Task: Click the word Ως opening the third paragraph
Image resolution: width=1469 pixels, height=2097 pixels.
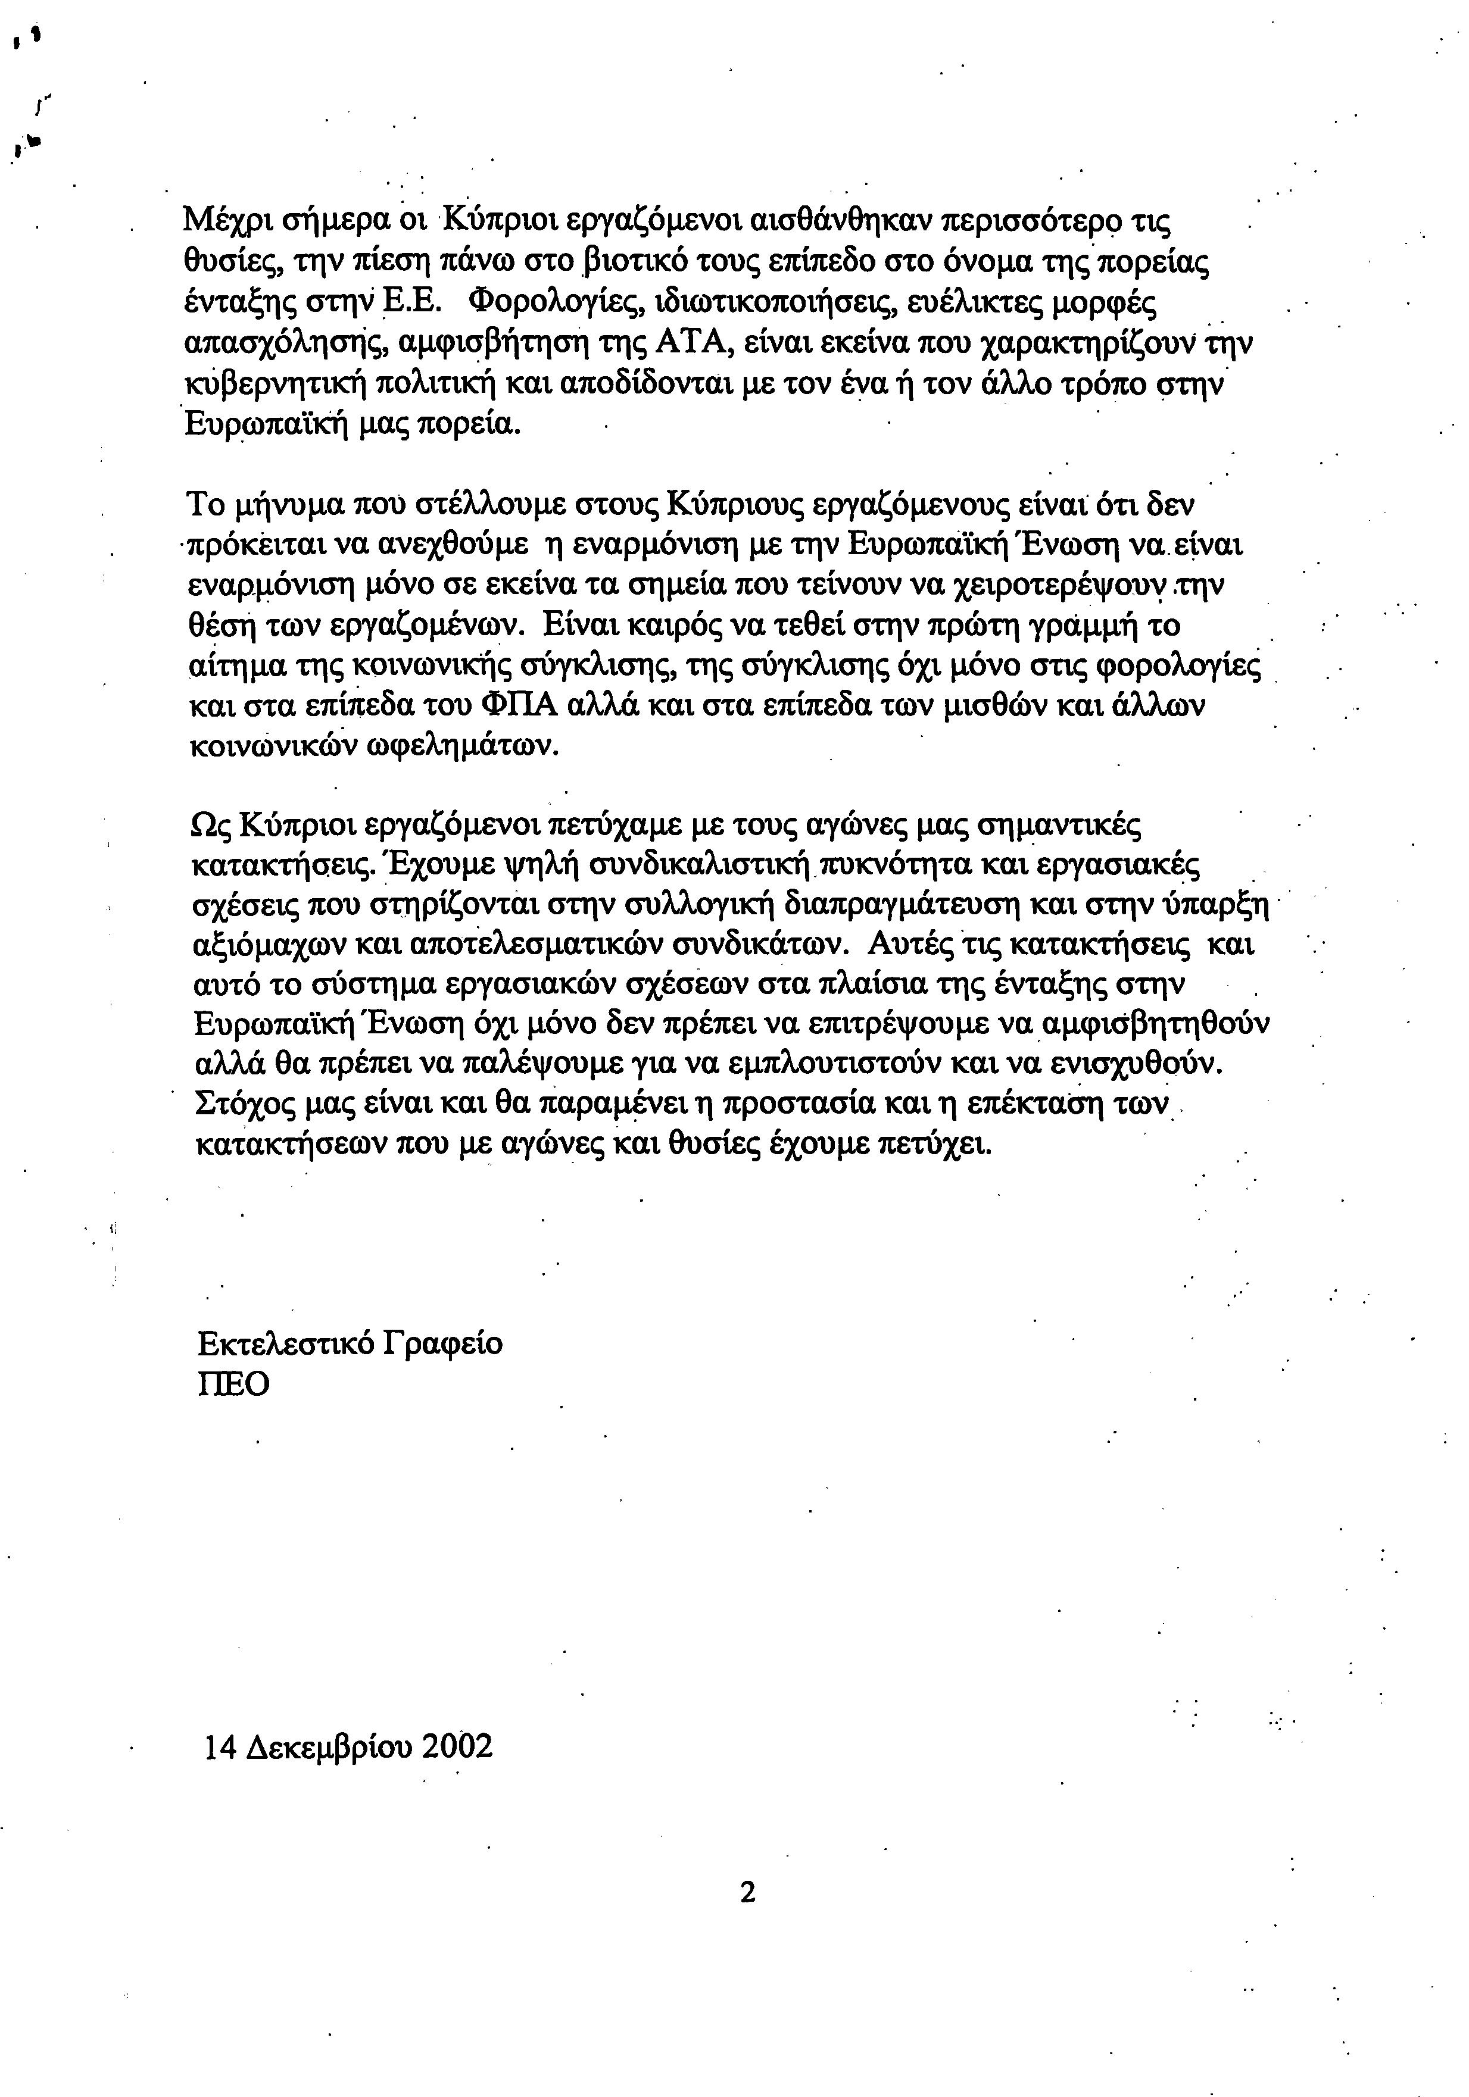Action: coord(207,825)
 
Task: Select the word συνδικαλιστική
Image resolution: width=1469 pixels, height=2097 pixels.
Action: coord(701,864)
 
